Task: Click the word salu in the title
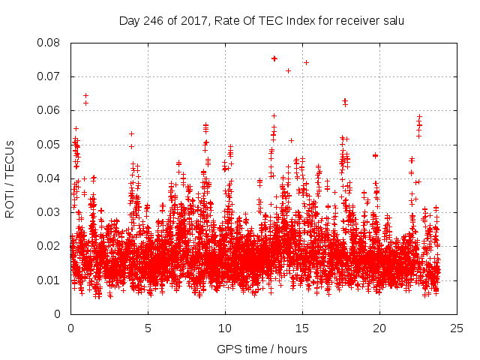pyautogui.click(x=392, y=20)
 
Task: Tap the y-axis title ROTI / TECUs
pyautogui.click(x=10, y=178)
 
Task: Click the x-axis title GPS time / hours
pyautogui.click(x=262, y=349)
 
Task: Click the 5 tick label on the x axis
pyautogui.click(x=148, y=328)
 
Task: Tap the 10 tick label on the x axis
pyautogui.click(x=225, y=328)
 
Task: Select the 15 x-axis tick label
pyautogui.click(x=302, y=328)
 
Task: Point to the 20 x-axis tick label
pyautogui.click(x=379, y=328)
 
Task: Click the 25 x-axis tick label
pyautogui.click(x=457, y=328)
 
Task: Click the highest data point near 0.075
pyautogui.click(x=274, y=58)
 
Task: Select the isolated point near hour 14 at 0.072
pyautogui.click(x=288, y=70)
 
